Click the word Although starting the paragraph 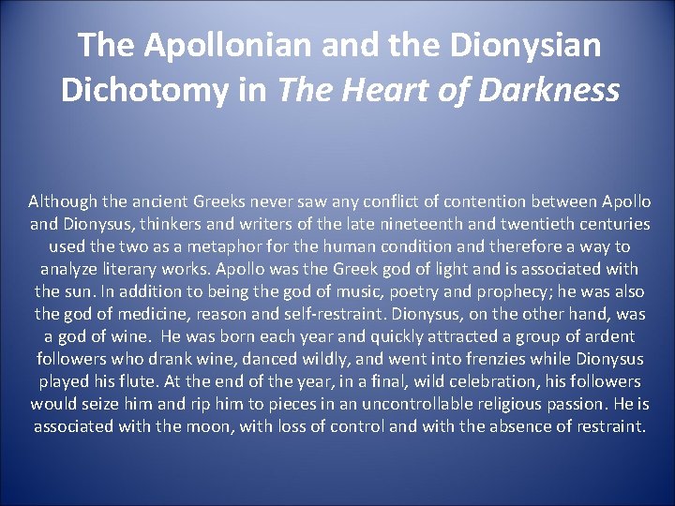click(63, 201)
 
